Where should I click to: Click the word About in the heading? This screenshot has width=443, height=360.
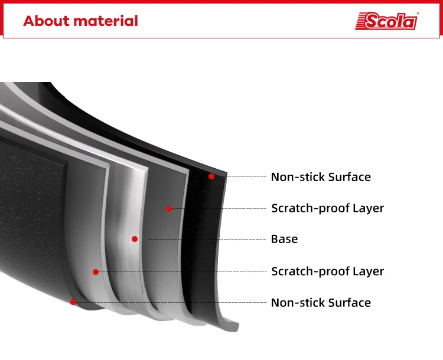tap(47, 21)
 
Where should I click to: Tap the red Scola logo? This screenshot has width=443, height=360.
tap(386, 21)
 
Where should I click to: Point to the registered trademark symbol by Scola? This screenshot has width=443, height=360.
tap(418, 13)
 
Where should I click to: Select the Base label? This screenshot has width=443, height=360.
tap(284, 239)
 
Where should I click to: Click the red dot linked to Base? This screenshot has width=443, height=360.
tap(135, 239)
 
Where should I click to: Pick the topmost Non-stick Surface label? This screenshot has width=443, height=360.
tap(321, 177)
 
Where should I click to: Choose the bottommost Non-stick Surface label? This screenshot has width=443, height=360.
tap(321, 303)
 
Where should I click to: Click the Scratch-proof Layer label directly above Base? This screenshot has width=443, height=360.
tap(327, 208)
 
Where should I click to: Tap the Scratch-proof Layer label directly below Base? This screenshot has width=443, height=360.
tap(327, 271)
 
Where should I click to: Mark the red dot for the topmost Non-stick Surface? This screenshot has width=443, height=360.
tap(211, 176)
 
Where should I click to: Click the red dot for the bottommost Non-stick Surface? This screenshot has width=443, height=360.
tap(73, 302)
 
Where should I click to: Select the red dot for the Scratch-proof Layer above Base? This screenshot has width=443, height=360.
tap(169, 209)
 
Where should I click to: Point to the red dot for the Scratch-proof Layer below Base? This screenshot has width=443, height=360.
tap(96, 272)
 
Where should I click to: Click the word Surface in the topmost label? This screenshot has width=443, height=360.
tap(350, 177)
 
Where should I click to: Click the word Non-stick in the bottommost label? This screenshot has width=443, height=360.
tap(298, 303)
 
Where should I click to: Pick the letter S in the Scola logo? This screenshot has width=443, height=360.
tap(372, 21)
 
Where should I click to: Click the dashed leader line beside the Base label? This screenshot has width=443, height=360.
tap(207, 239)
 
